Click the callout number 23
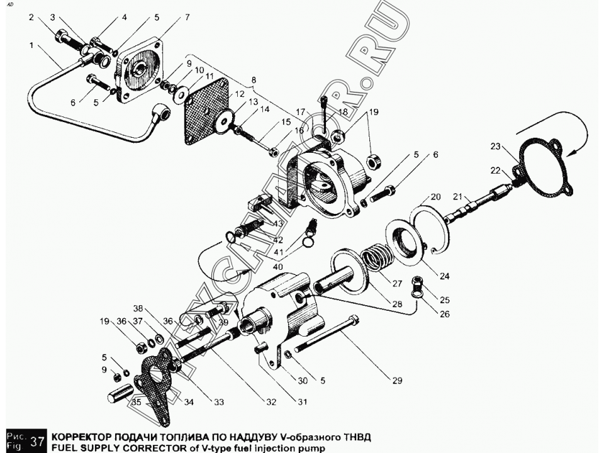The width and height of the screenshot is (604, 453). coord(495,147)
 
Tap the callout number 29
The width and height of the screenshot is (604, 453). coord(397,381)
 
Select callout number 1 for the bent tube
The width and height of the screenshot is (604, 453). coord(31,45)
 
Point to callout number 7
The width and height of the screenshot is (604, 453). coord(187,18)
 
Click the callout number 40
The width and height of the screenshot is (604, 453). coord(277,267)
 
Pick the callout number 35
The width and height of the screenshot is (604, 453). coord(137,403)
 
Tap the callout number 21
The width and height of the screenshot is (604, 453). coord(457,197)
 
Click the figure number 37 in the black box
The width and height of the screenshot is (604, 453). coord(37,440)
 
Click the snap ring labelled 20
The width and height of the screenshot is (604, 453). coord(430,229)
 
